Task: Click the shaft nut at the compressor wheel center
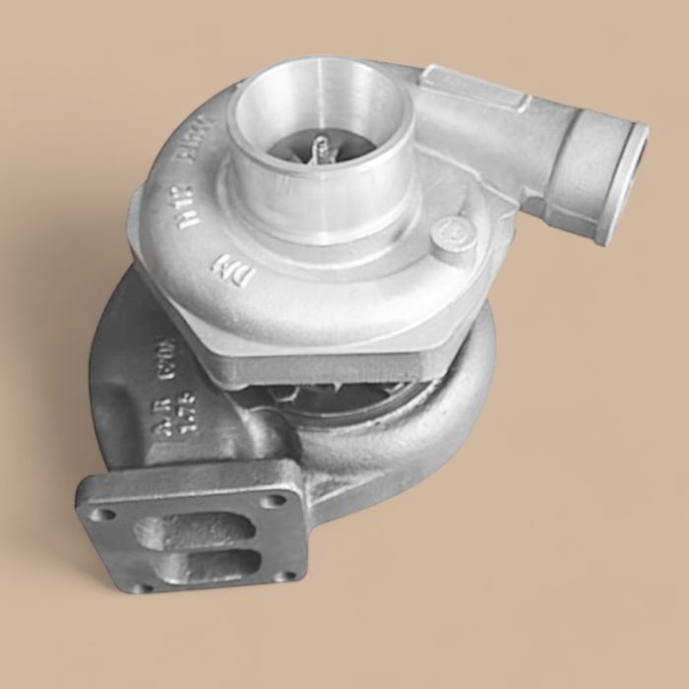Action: (317, 151)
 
